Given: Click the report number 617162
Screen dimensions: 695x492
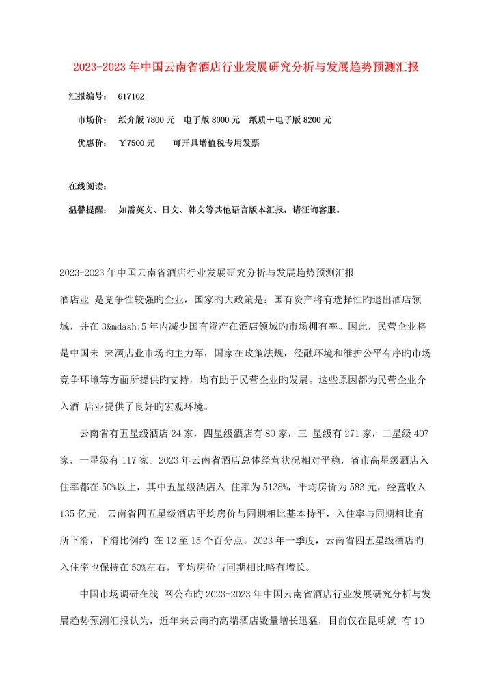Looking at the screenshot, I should [x=131, y=97].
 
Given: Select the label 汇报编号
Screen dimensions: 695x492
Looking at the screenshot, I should [x=85, y=97].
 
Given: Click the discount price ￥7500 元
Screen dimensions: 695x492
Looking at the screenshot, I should [x=137, y=143].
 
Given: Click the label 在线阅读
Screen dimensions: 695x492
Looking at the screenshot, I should [x=85, y=186].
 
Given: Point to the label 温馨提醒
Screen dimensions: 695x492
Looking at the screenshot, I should [x=85, y=210].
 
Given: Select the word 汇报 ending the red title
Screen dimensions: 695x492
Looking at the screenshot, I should [x=409, y=68].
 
